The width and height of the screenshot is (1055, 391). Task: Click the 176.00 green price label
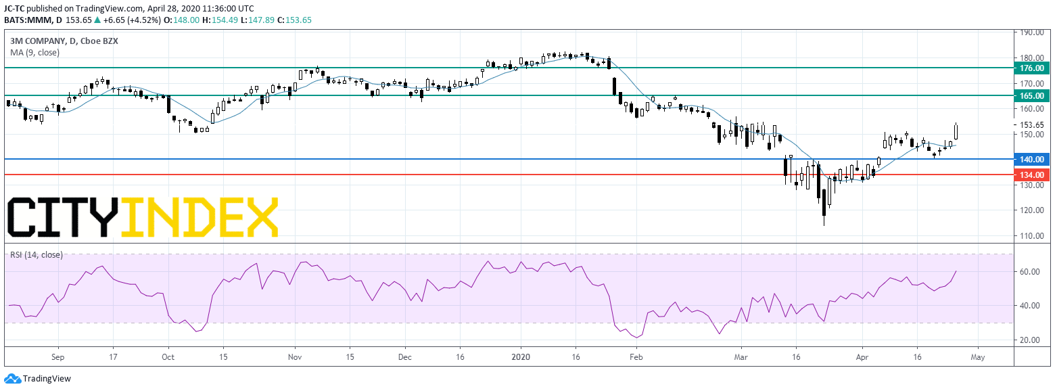click(1032, 68)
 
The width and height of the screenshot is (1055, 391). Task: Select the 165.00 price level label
click(1032, 95)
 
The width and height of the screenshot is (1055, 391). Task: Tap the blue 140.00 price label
click(1032, 159)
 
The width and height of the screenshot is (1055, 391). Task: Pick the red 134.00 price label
click(1032, 175)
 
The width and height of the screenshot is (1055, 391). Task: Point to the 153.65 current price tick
click(1031, 125)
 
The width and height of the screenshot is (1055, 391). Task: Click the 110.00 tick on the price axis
click(1031, 235)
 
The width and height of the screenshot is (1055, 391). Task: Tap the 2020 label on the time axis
click(521, 357)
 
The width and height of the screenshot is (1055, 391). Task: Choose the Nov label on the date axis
click(295, 357)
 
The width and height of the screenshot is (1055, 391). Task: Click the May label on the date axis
click(978, 357)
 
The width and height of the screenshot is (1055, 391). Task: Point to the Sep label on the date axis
click(58, 357)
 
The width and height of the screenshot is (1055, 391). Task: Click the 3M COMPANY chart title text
click(38, 41)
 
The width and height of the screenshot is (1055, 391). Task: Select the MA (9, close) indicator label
click(35, 53)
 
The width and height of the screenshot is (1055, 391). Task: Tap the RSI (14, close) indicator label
click(37, 255)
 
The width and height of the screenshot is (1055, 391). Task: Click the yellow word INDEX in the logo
click(200, 216)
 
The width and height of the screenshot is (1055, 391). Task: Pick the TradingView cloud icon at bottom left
click(12, 379)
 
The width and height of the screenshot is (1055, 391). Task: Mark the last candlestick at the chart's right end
click(956, 131)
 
